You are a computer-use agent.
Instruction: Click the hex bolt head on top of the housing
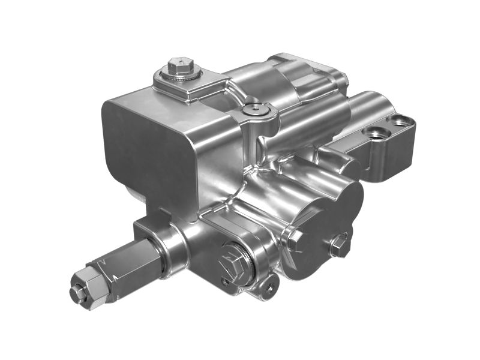point(179,63)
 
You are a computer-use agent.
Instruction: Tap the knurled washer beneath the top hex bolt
point(181,75)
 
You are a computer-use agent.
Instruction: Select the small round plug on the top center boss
point(254,109)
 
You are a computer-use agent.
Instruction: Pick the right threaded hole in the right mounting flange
point(399,121)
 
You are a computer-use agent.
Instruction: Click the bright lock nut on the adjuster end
point(85,286)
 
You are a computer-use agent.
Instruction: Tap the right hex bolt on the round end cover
point(339,244)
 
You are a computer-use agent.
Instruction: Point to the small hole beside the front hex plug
point(224,280)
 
